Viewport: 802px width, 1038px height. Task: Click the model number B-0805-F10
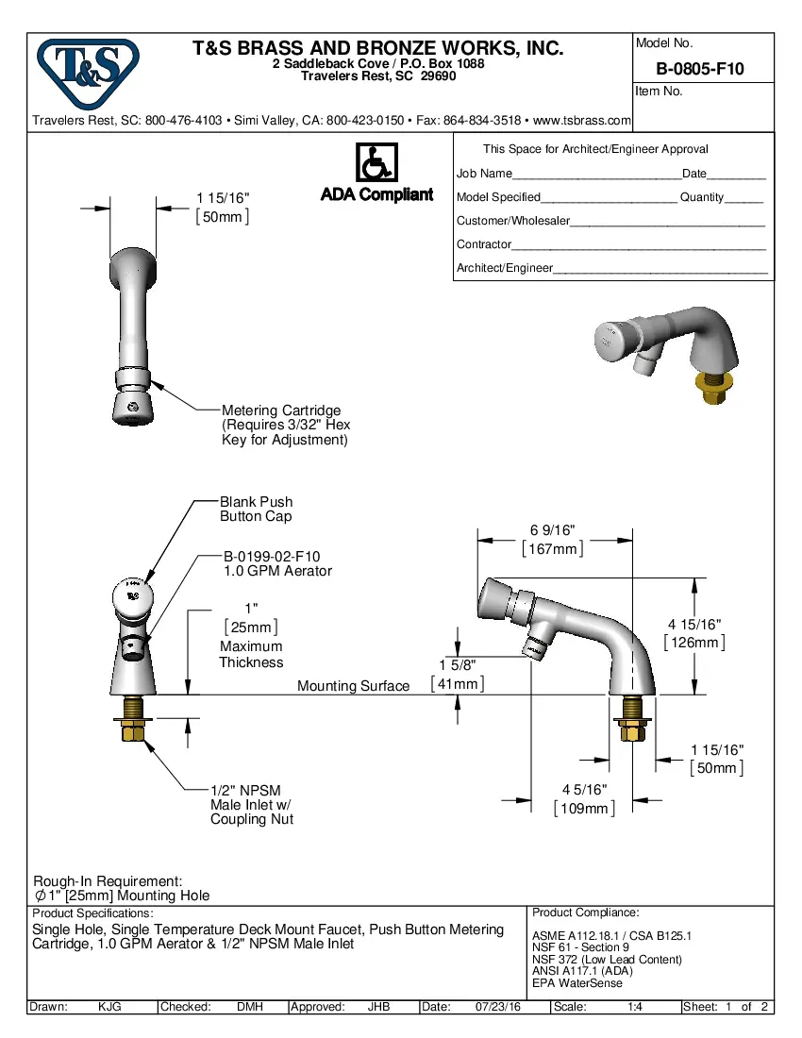pyautogui.click(x=700, y=69)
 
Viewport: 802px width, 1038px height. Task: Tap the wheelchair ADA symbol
pyautogui.click(x=376, y=163)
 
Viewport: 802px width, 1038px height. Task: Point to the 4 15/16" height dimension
pyautogui.click(x=694, y=625)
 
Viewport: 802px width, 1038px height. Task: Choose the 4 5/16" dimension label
pyautogui.click(x=584, y=790)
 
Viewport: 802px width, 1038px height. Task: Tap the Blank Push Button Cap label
pyautogui.click(x=257, y=509)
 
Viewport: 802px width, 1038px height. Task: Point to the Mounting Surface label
pyautogui.click(x=353, y=686)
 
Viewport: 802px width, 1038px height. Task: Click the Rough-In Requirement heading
pyautogui.click(x=108, y=879)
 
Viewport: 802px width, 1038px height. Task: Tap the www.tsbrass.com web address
pyautogui.click(x=581, y=121)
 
